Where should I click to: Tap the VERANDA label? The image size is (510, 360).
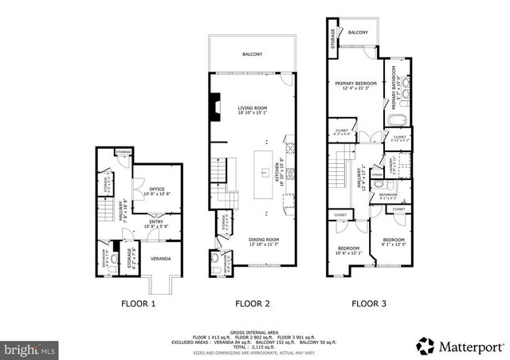[162, 258]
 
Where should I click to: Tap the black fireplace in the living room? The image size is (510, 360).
[214, 104]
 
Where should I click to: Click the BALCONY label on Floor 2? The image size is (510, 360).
[253, 54]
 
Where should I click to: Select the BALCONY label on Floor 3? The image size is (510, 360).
[358, 33]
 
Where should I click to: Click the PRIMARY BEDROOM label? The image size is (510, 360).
[355, 84]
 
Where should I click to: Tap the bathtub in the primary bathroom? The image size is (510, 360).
[397, 121]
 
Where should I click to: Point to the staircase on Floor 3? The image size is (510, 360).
[341, 172]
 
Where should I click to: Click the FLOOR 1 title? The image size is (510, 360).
[138, 303]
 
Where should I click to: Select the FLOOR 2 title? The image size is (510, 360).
[252, 303]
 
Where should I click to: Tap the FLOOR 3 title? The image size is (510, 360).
[370, 303]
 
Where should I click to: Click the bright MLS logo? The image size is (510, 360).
[29, 348]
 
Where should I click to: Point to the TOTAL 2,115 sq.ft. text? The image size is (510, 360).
[250, 347]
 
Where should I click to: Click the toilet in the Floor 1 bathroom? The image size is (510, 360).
[116, 259]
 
